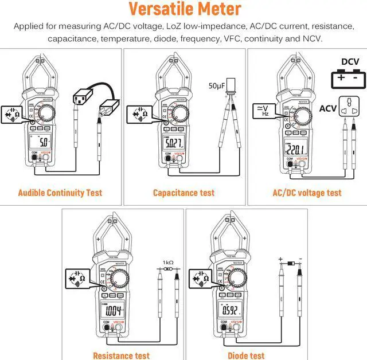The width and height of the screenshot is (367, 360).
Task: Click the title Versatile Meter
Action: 184,9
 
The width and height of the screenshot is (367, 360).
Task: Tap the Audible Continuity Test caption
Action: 60,193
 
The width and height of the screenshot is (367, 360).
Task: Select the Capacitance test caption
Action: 183,193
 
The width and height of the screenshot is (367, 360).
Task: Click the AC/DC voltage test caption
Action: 307,193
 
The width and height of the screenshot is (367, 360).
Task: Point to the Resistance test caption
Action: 122,355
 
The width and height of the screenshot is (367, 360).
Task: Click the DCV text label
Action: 350,62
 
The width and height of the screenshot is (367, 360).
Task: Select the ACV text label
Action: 328,108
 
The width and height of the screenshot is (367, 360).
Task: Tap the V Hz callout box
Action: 261,109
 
